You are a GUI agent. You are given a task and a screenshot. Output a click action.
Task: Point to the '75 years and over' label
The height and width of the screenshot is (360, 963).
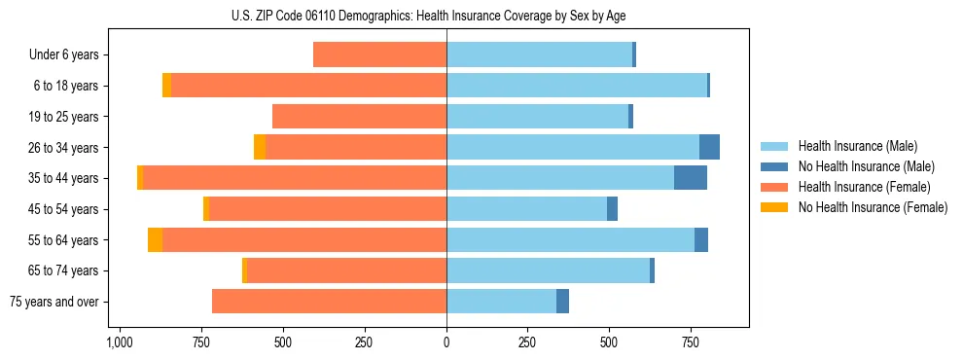[54, 302]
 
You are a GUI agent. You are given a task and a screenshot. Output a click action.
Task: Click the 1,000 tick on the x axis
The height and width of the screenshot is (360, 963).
[119, 342]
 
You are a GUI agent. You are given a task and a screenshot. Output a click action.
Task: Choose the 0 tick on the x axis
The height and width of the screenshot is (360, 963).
[446, 342]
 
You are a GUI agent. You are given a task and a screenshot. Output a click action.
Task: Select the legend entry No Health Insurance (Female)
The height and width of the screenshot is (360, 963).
[873, 207]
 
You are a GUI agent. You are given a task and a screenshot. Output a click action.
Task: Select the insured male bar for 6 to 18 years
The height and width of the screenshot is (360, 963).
[577, 86]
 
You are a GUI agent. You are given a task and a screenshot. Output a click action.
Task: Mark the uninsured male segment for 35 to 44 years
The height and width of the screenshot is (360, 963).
[691, 178]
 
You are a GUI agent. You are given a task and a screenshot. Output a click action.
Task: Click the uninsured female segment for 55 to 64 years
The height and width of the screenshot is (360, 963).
[155, 239]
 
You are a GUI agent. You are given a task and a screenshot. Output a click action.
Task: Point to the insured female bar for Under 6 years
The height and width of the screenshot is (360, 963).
[379, 54]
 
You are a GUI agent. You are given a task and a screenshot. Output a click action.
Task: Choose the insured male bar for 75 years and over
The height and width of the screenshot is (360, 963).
[501, 302]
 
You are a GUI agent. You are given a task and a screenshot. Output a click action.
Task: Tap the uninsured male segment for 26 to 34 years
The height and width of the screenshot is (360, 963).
[709, 147]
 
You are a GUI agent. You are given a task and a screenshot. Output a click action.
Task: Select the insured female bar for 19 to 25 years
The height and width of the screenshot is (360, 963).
[359, 117]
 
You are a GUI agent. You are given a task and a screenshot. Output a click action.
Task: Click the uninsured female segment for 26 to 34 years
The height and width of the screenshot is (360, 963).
[260, 147]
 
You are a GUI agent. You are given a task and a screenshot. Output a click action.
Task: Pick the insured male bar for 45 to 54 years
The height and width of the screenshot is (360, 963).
[526, 209]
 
